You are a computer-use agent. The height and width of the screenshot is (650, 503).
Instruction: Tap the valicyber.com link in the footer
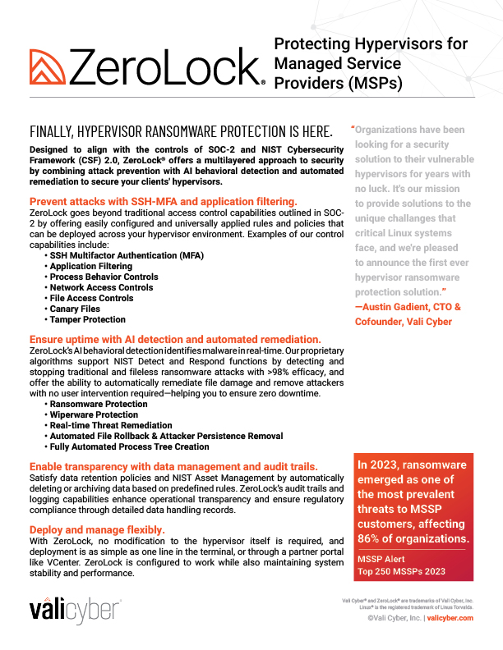pos(450,618)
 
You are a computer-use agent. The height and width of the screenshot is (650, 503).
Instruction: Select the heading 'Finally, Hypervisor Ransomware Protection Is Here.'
pos(181,132)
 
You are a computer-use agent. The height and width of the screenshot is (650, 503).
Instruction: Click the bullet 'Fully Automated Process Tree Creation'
pos(129,446)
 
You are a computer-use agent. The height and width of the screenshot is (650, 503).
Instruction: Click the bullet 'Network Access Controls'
pos(101,288)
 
